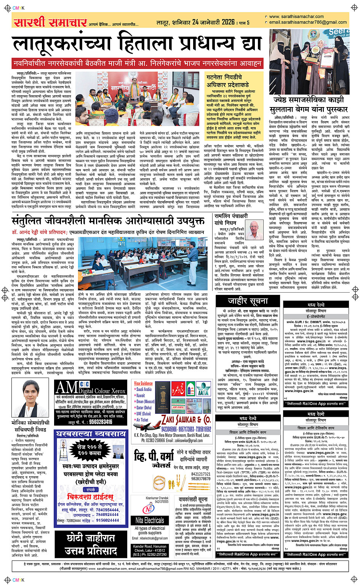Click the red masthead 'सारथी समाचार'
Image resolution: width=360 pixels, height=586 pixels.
tap(50, 22)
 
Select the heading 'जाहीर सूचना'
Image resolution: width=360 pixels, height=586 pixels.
tap(248, 301)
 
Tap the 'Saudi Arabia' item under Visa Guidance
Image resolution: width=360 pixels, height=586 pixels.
tap(144, 389)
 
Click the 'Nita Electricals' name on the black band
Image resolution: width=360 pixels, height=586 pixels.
tap(150, 520)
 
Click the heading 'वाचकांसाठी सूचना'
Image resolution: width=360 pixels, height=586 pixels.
tap(193, 500)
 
